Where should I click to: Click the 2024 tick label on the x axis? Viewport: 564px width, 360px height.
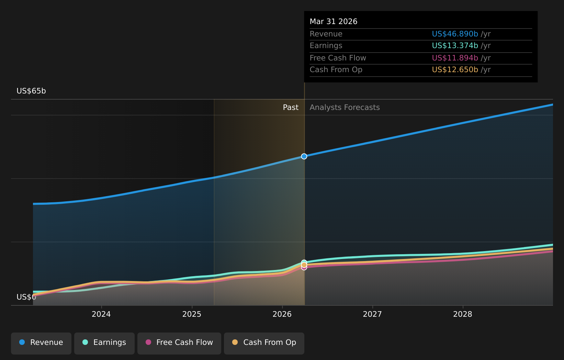pyautogui.click(x=101, y=314)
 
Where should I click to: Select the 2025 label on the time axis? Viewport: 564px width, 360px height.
pyautogui.click(x=192, y=314)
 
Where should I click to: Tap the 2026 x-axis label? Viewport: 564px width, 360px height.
pyautogui.click(x=282, y=314)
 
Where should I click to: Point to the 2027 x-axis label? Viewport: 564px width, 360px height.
pyautogui.click(x=372, y=314)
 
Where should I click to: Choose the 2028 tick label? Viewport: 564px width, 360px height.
pyautogui.click(x=463, y=314)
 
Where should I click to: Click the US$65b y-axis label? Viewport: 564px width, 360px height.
pyautogui.click(x=31, y=91)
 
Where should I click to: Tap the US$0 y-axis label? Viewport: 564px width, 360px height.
pyautogui.click(x=26, y=297)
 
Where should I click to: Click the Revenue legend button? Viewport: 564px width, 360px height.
pyautogui.click(x=41, y=344)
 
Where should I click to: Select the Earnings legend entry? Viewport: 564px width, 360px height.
pyautogui.click(x=104, y=344)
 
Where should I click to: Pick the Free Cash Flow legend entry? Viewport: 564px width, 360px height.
pyautogui.click(x=179, y=344)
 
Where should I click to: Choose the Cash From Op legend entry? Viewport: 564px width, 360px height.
pyautogui.click(x=264, y=344)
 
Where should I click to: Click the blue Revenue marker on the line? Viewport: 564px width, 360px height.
pyautogui.click(x=304, y=156)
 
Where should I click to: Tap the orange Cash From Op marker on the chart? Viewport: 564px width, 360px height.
pyautogui.click(x=304, y=265)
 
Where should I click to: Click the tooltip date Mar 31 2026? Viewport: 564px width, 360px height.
pyautogui.click(x=334, y=22)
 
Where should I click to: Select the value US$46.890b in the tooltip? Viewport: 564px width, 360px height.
pyautogui.click(x=455, y=34)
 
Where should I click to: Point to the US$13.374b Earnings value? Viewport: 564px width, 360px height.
pyautogui.click(x=455, y=46)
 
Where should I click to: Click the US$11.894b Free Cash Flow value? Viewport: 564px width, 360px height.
pyautogui.click(x=455, y=58)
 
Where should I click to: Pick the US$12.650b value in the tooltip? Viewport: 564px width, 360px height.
pyautogui.click(x=455, y=69)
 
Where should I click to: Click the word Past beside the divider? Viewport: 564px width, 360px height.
pyautogui.click(x=291, y=108)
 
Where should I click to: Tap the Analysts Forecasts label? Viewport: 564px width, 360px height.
pyautogui.click(x=345, y=108)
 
